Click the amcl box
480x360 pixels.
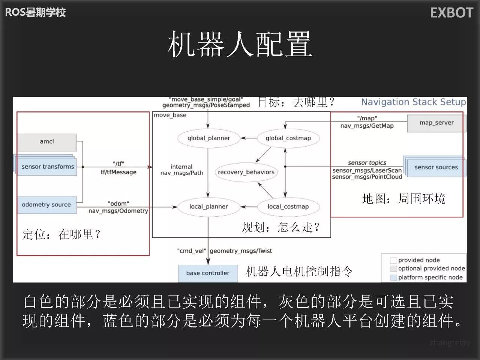click(x=47, y=142)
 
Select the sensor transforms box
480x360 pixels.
click(x=46, y=166)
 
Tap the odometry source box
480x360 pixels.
click(x=46, y=205)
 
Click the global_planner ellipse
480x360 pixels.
click(x=208, y=138)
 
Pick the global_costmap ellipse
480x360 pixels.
click(x=288, y=138)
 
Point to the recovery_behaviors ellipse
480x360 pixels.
click(x=246, y=172)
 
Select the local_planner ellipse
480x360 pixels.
click(x=208, y=207)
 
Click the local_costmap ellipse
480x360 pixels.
click(x=288, y=207)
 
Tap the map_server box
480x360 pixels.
click(x=436, y=123)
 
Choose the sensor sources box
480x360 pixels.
click(x=436, y=167)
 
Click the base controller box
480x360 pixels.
click(x=208, y=273)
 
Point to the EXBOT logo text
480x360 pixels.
click(x=451, y=13)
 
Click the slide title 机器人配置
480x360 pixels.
click(x=240, y=44)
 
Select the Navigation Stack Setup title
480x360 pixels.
click(x=413, y=102)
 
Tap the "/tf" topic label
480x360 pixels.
click(x=118, y=163)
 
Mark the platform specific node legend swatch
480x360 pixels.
click(x=393, y=277)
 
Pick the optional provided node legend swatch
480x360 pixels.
click(x=393, y=268)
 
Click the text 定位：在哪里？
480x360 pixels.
click(x=61, y=235)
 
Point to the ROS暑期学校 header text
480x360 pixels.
click(x=35, y=12)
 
